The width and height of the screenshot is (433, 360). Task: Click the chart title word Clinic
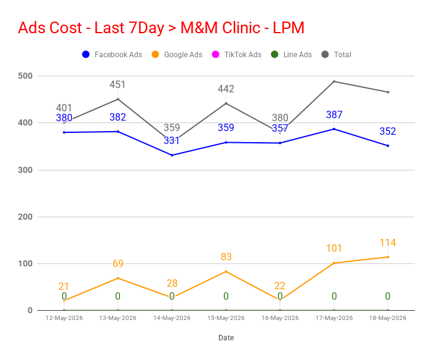(x=241, y=28)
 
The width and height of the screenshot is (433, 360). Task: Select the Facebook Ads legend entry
(x=112, y=54)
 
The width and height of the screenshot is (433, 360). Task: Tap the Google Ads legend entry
(x=177, y=54)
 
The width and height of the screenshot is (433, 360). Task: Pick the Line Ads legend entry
(x=292, y=54)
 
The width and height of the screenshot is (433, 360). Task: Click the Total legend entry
(x=336, y=54)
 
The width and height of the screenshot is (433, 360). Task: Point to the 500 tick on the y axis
(x=25, y=76)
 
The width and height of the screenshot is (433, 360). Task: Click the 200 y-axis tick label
(x=25, y=217)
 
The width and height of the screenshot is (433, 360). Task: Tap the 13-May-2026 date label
(x=117, y=318)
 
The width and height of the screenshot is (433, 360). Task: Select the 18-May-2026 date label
(x=387, y=318)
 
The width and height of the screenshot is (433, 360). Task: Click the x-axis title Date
(x=226, y=338)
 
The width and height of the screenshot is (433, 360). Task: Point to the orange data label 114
(x=387, y=242)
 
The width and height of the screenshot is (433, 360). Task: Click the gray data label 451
(x=117, y=84)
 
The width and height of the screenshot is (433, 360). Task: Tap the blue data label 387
(x=334, y=114)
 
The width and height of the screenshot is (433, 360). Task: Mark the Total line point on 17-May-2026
(x=334, y=81)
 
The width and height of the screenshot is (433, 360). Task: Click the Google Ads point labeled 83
(x=226, y=271)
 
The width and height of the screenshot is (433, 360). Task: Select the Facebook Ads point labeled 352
(x=388, y=146)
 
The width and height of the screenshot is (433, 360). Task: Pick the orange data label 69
(x=118, y=263)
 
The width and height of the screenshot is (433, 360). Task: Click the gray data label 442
(x=226, y=89)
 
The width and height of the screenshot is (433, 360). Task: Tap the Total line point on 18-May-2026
(x=388, y=92)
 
